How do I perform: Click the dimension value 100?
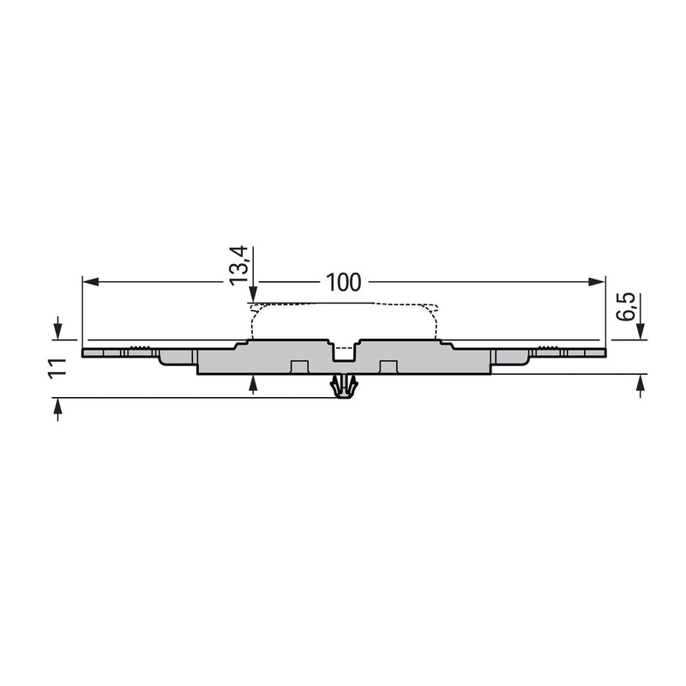tap(344, 283)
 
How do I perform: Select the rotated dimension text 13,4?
tap(239, 266)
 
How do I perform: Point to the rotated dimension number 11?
tap(57, 369)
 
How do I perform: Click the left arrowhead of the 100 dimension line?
tap(90, 282)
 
